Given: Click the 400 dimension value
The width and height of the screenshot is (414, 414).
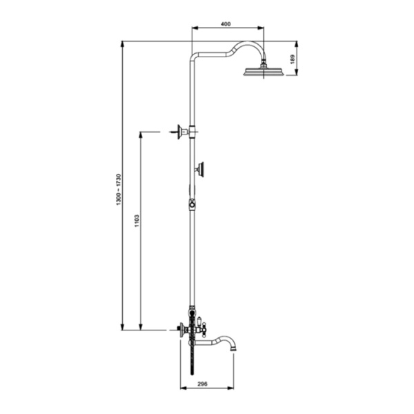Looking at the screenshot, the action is click(x=226, y=24).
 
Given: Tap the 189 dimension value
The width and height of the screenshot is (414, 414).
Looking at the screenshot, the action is click(x=293, y=59).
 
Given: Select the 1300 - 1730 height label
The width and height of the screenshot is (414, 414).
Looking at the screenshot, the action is click(x=118, y=190).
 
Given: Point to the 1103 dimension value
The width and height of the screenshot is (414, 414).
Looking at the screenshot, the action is click(x=137, y=221).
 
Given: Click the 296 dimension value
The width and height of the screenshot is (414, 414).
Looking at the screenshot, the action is click(x=202, y=384).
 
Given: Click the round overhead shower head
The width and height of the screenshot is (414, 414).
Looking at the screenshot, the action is click(x=264, y=72).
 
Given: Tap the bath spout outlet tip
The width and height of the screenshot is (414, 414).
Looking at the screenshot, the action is click(x=233, y=349).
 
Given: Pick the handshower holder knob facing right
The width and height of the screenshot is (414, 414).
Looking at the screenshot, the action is click(x=200, y=170).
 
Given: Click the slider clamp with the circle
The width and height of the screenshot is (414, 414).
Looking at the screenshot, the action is click(x=193, y=204).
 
